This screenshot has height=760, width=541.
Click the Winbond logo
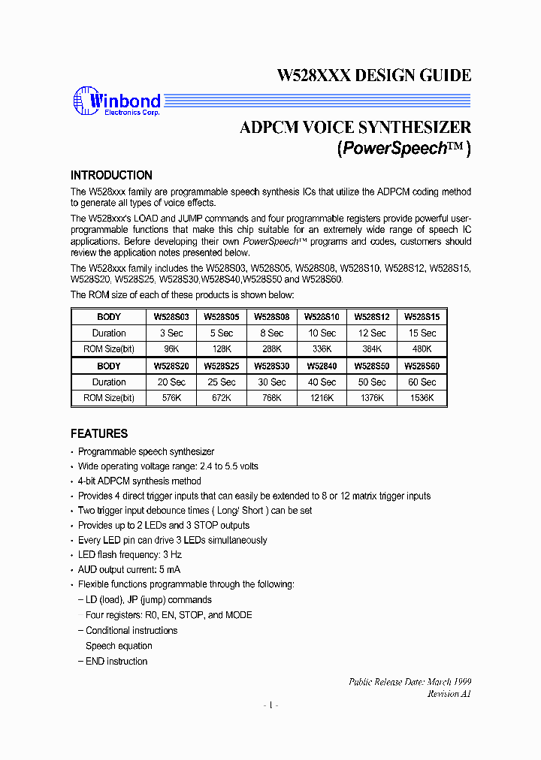click(x=116, y=102)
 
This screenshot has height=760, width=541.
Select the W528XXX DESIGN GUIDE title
click(x=374, y=75)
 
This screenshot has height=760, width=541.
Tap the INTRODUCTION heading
click(x=111, y=175)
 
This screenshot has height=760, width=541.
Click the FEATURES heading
click(x=99, y=433)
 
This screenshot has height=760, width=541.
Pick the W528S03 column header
click(x=171, y=317)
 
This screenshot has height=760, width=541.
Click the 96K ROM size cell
click(x=171, y=348)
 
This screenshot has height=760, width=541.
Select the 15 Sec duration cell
click(x=422, y=333)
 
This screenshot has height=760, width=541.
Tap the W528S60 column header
click(x=422, y=366)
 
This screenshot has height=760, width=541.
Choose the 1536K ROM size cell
click(x=422, y=397)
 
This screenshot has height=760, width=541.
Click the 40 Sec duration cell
click(x=322, y=382)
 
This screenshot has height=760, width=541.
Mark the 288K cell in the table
click(x=271, y=348)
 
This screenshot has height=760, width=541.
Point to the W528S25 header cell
click(x=222, y=366)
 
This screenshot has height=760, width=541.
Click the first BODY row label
click(x=109, y=317)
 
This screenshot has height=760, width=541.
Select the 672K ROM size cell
click(x=222, y=397)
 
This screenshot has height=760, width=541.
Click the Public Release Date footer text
click(x=410, y=681)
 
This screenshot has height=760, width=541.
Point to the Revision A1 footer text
click(x=449, y=694)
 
